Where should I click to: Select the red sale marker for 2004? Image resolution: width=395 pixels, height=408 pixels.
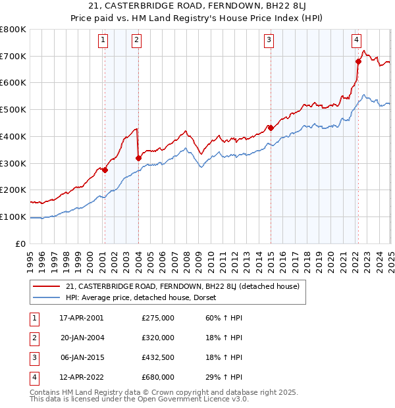pos(138,158)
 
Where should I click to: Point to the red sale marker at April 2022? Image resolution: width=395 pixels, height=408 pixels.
pos(358,62)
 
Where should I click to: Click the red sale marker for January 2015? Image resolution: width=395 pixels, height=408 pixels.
pos(271,128)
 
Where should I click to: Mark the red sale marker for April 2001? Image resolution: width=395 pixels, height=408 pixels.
pos(105,170)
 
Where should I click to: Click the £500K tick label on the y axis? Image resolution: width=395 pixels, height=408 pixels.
pos(13,110)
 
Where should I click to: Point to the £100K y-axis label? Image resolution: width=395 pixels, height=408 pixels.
pos(13,217)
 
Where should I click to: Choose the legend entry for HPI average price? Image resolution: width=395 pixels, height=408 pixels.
pos(141,297)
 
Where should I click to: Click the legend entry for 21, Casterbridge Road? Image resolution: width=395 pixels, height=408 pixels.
pos(182,286)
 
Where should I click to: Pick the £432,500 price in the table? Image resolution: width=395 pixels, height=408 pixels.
pos(158,357)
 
